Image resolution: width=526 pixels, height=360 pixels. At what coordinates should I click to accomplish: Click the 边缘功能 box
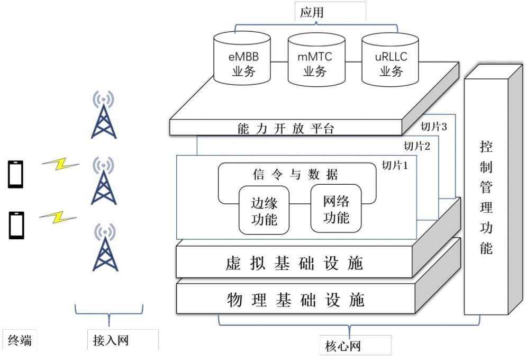click(264, 210)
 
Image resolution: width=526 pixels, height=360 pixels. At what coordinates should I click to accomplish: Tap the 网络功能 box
click(335, 209)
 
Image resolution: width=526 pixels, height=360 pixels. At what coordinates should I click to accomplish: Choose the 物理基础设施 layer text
click(295, 300)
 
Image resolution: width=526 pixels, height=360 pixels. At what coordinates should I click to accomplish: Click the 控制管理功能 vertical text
click(486, 196)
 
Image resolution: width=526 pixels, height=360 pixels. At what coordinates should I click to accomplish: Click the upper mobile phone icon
click(15, 174)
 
